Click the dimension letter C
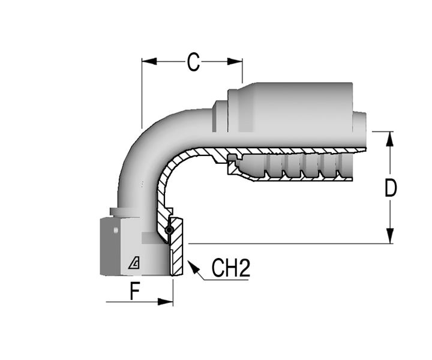coord(193,62)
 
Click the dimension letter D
coord(391,188)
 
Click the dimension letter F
coord(135,292)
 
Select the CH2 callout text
coord(231,268)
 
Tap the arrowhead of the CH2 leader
coord(193,266)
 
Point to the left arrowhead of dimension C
coord(149,61)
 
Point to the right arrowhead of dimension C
coord(235,61)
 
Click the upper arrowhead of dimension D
coord(390,139)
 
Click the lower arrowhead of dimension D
coord(390,236)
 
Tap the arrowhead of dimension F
coord(166,302)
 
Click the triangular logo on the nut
coord(134,263)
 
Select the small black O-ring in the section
coord(169,230)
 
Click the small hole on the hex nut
coord(116,230)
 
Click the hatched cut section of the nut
coord(176,247)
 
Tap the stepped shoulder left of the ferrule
coord(220,116)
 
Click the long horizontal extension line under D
coord(290,244)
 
